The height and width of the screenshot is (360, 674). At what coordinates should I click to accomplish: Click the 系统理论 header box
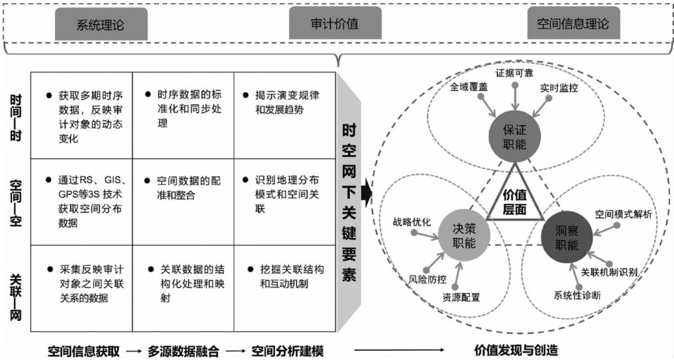tap(99, 25)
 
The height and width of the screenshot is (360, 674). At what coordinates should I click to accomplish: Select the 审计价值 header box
tap(335, 25)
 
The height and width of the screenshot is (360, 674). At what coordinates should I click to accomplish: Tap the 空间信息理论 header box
tap(573, 25)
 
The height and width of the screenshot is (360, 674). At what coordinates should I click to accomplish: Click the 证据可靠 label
tap(518, 72)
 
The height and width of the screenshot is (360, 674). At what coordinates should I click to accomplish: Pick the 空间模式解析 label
tap(623, 214)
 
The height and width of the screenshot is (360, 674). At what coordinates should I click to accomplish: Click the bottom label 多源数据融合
tap(184, 349)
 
